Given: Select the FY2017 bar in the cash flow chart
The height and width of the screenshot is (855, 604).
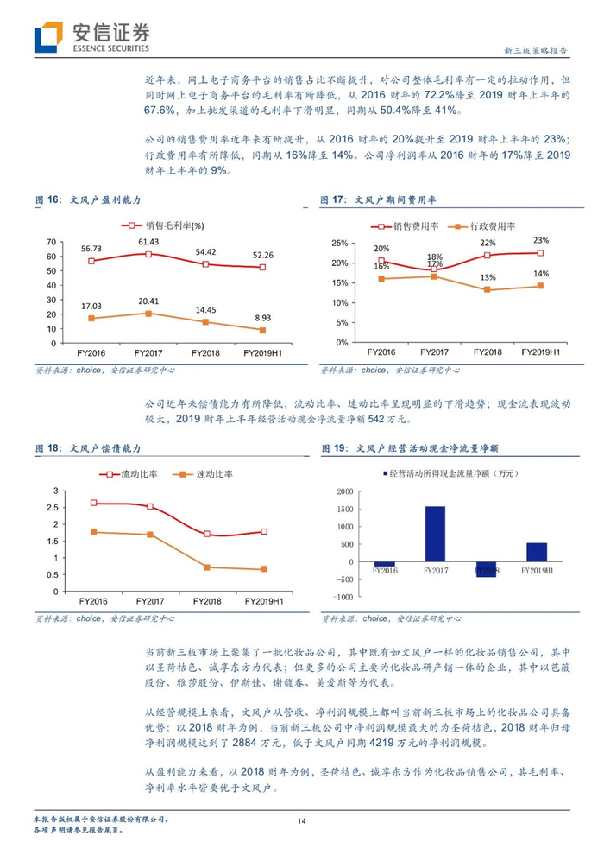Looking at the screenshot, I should point(435,534).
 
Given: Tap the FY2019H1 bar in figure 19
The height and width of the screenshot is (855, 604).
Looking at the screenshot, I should point(537,552).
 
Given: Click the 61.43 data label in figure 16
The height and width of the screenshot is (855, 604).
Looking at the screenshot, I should point(151,242).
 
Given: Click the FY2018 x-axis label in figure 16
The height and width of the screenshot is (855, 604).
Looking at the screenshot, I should point(208,352).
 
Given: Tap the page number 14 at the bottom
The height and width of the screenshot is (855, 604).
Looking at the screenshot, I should point(301,821).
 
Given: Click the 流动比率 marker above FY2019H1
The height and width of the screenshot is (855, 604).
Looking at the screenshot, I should point(264,532).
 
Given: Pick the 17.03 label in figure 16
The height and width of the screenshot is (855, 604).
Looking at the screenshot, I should point(91,306).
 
